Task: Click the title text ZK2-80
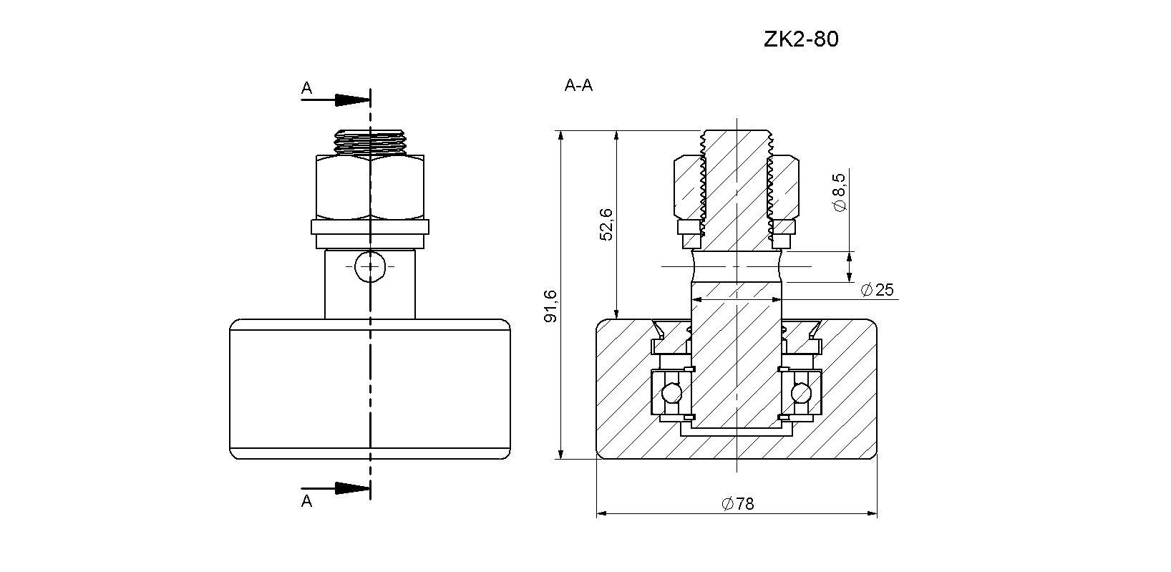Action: tap(801, 39)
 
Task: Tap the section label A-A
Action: tap(579, 85)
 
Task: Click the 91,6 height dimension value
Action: tap(551, 306)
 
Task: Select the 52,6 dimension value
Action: tap(606, 224)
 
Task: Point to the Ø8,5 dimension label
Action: tap(838, 193)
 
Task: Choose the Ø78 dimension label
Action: tap(738, 503)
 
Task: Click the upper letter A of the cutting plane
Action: tap(307, 88)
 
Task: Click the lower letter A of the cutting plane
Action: tap(307, 501)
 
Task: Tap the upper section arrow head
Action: tap(352, 100)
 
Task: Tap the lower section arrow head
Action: tap(352, 488)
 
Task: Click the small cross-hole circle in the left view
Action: tap(370, 266)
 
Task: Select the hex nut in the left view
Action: tap(370, 187)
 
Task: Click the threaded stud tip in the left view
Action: tap(370, 142)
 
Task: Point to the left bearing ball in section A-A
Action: tap(672, 392)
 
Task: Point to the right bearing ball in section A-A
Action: tap(802, 392)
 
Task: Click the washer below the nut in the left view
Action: tap(370, 227)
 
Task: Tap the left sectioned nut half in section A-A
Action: tap(687, 187)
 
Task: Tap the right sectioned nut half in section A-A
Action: tap(785, 187)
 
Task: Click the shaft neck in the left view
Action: tap(370, 284)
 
